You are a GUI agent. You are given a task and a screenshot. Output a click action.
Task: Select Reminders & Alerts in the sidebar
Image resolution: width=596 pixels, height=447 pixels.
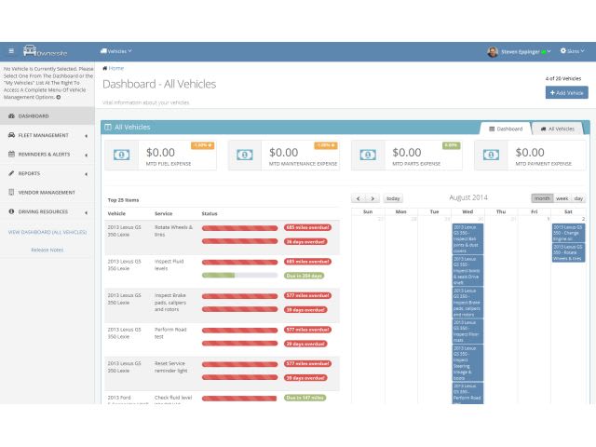pyautogui.click(x=45, y=155)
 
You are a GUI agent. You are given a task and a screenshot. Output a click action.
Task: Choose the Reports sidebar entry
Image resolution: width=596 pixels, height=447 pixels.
pyautogui.click(x=29, y=173)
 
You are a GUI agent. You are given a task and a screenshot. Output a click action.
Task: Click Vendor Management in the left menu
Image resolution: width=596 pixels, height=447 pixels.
pyautogui.click(x=47, y=193)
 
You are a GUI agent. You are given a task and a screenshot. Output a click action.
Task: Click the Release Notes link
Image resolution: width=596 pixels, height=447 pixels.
pyautogui.click(x=47, y=250)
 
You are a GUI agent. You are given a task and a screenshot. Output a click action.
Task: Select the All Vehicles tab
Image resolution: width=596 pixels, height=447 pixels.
pyautogui.click(x=558, y=129)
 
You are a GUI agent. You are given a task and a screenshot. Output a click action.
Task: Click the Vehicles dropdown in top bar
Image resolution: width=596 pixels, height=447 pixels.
pyautogui.click(x=116, y=51)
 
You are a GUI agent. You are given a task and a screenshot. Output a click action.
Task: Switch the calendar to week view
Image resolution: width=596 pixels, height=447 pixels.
pyautogui.click(x=562, y=198)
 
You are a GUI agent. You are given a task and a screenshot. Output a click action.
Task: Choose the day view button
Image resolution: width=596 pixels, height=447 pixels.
pyautogui.click(x=578, y=198)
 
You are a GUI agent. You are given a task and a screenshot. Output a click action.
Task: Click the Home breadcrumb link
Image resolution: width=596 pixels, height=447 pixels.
pyautogui.click(x=114, y=68)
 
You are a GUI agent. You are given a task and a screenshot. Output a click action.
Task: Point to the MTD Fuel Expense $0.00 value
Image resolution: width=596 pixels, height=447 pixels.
pyautogui.click(x=160, y=152)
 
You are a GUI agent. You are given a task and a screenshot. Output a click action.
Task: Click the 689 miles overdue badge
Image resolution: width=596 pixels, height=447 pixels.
pyautogui.click(x=307, y=262)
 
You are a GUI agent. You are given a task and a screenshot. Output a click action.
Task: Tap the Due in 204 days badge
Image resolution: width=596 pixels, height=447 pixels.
pyautogui.click(x=305, y=276)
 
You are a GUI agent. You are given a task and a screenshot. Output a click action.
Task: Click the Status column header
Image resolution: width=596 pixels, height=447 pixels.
pyautogui.click(x=210, y=214)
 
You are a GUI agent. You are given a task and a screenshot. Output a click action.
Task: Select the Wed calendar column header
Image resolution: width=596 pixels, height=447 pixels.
pyautogui.click(x=467, y=212)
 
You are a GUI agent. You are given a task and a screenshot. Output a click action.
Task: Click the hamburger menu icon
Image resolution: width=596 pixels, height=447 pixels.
pyautogui.click(x=11, y=51)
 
